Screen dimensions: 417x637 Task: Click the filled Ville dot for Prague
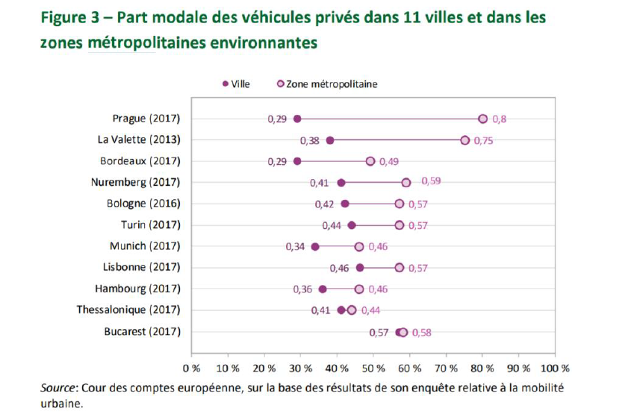pos(297,119)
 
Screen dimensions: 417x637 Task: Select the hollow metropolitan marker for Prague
pos(482,119)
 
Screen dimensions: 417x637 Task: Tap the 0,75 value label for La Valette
pos(482,140)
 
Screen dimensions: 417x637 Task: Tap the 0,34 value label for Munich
pos(296,247)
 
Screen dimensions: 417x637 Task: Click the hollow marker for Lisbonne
pos(400,268)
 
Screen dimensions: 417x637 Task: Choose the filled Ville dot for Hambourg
pos(323,289)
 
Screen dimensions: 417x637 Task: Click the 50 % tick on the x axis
pos(373,369)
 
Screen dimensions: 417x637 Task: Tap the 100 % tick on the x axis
pos(555,369)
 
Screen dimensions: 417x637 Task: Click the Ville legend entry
pos(236,84)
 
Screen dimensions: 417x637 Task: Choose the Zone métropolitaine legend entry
pos(328,84)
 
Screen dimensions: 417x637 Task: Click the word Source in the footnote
pos(57,388)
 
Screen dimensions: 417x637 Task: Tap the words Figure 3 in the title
pos(72,16)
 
